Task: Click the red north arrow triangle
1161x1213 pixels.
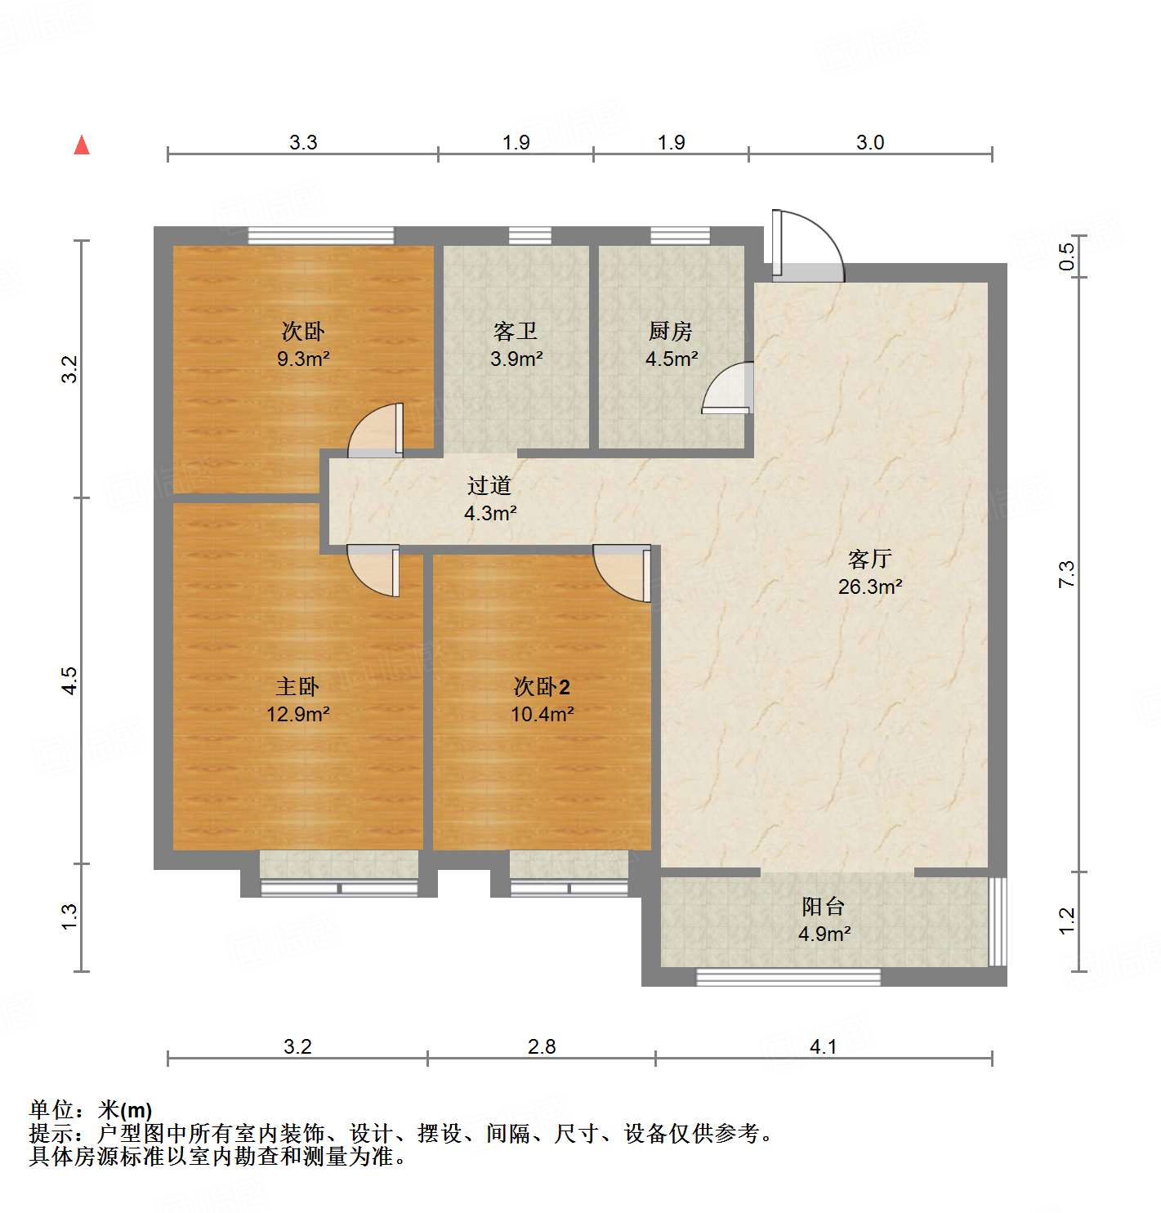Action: [82, 145]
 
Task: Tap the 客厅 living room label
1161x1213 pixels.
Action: [869, 560]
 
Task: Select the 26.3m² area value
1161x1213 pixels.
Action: [870, 586]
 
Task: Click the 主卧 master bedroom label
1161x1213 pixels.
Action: [297, 687]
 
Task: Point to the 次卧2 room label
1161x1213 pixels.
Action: [542, 687]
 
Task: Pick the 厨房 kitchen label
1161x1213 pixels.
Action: [671, 331]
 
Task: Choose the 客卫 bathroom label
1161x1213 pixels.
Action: [516, 331]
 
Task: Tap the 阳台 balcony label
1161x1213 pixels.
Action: [823, 906]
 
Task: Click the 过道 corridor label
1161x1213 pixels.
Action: [489, 486]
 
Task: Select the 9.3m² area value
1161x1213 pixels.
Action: [303, 359]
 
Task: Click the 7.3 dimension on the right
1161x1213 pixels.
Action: [1067, 573]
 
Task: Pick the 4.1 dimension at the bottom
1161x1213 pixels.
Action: [824, 1046]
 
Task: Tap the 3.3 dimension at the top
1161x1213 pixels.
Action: [303, 142]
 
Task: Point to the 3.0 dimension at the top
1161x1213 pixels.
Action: [870, 142]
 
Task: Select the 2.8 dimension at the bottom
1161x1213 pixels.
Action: [542, 1046]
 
